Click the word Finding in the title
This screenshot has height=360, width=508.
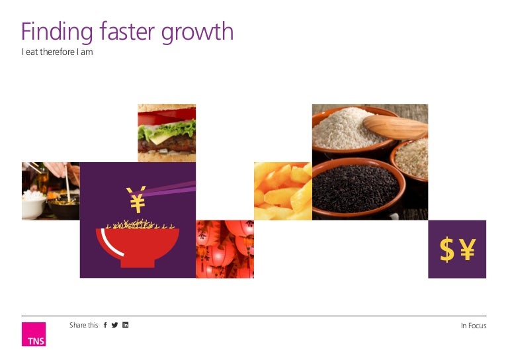57,32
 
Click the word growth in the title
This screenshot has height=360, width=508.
197,32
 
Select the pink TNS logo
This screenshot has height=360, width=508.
34,334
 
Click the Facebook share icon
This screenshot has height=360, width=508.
105,325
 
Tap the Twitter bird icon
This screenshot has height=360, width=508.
114,325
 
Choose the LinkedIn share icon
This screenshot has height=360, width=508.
126,325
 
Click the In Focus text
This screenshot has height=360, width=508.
474,326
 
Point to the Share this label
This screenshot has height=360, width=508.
83,325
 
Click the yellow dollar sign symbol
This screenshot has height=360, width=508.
446,249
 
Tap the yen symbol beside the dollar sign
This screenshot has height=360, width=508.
468,249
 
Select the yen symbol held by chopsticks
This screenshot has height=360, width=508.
137,200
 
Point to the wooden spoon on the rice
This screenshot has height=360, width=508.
396,128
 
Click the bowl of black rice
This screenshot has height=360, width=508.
359,188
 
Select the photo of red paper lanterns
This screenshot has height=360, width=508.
225,249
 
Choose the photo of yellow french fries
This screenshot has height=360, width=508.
283,191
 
